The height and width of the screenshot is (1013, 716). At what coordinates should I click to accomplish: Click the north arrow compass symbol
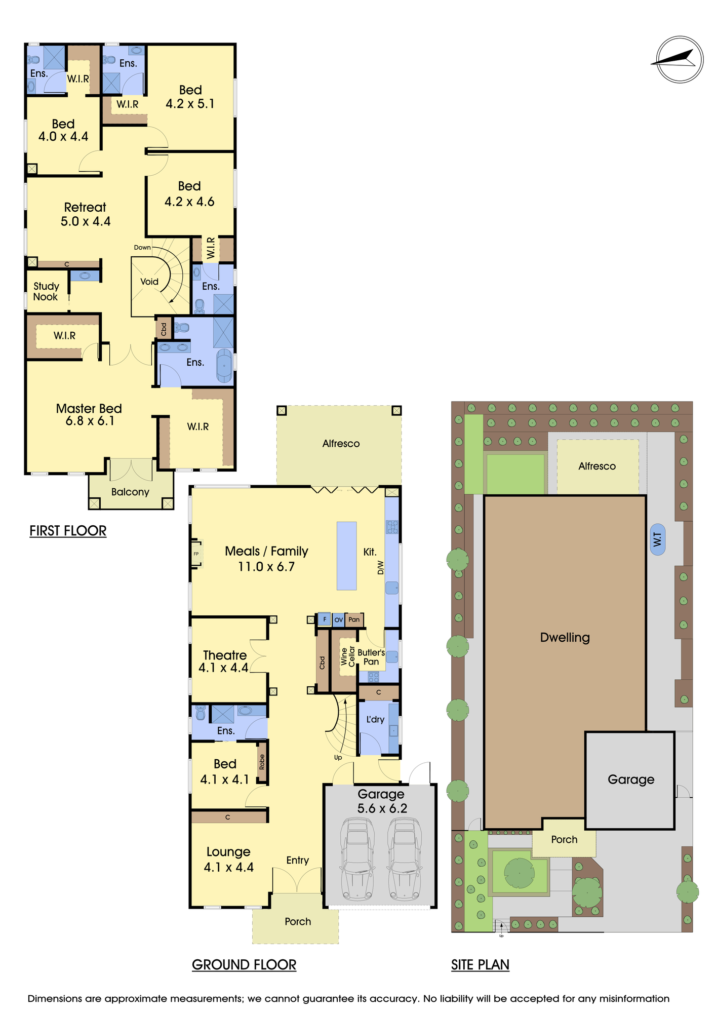click(680, 59)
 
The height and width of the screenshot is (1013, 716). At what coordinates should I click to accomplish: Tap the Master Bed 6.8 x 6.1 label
click(89, 415)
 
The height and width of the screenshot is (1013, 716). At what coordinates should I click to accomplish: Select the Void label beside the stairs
click(149, 282)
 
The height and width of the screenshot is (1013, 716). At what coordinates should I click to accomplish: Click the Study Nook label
click(46, 292)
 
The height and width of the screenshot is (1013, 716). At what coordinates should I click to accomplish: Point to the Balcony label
click(130, 492)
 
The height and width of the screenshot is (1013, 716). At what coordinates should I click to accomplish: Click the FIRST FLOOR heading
click(68, 531)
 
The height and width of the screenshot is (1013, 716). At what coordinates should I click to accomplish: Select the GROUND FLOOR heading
click(244, 965)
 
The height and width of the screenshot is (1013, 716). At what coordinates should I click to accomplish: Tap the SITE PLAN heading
click(480, 965)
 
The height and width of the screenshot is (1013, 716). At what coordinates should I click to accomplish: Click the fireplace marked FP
click(196, 554)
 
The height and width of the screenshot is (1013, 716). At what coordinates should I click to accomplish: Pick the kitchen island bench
click(347, 556)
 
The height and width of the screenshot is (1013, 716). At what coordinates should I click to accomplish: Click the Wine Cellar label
click(348, 656)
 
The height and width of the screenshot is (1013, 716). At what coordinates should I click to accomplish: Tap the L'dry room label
click(375, 719)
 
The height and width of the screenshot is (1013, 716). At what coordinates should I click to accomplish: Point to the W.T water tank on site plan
click(657, 539)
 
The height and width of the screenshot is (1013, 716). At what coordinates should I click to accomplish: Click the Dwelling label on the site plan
click(565, 638)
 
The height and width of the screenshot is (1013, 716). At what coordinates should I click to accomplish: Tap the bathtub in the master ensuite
click(224, 365)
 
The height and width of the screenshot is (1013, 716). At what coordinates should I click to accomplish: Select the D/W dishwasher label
click(381, 568)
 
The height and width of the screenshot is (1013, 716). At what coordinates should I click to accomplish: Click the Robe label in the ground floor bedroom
click(262, 762)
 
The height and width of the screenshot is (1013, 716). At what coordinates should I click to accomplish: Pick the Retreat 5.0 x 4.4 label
click(85, 214)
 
